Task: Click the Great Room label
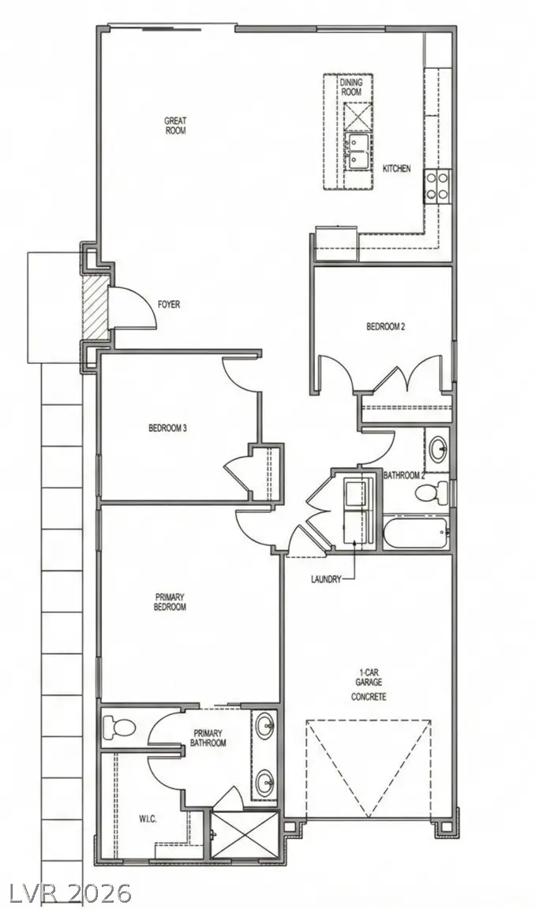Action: [x=174, y=125]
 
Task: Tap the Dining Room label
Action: [x=351, y=87]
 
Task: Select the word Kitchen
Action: [x=396, y=168]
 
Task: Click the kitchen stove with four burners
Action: [x=437, y=186]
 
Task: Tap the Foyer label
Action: [x=169, y=303]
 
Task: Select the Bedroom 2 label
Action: [x=385, y=326]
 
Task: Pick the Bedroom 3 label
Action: [x=167, y=428]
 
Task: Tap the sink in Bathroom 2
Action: [x=439, y=451]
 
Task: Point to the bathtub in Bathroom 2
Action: [x=416, y=533]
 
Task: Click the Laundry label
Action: [x=325, y=579]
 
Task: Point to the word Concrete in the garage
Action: [x=369, y=697]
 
